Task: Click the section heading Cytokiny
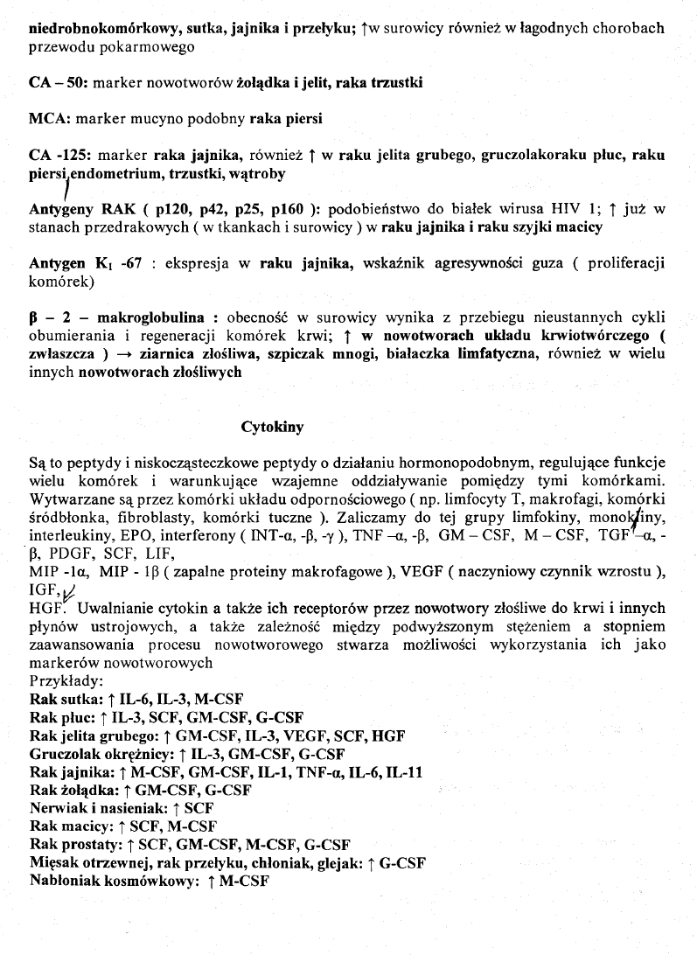tap(272, 428)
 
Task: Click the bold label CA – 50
tap(56, 84)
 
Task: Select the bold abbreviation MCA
tap(47, 120)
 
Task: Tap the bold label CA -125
tap(59, 157)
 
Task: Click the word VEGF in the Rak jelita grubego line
tap(290, 735)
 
